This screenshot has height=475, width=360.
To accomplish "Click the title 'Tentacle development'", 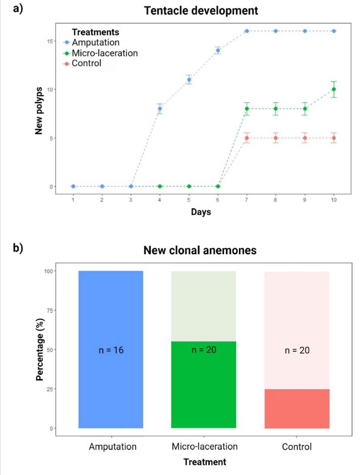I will pyautogui.click(x=201, y=10).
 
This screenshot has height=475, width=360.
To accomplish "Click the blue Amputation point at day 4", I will pyautogui.click(x=160, y=109).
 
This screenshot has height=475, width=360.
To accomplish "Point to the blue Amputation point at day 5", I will pyautogui.click(x=189, y=80).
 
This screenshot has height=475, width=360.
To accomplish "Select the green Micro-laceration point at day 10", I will pyautogui.click(x=334, y=89).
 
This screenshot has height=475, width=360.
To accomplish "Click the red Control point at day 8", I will pyautogui.click(x=276, y=138).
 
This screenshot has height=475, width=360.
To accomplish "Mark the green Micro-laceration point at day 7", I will pyautogui.click(x=247, y=109).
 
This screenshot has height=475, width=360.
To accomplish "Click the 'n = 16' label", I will pyautogui.click(x=110, y=350).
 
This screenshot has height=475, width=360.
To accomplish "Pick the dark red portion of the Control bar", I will pyautogui.click(x=296, y=409).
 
